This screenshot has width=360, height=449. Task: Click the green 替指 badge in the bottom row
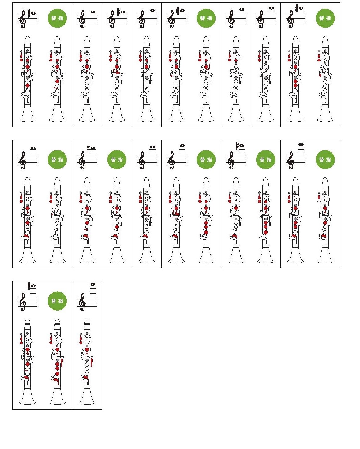pyautogui.click(x=57, y=301)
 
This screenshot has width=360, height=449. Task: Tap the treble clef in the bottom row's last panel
pyautogui.click(x=82, y=302)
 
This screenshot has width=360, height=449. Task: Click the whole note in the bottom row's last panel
pyautogui.click(x=93, y=284)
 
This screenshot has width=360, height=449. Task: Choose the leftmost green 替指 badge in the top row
pyautogui.click(x=57, y=18)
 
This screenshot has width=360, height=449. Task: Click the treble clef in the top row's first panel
pyautogui.click(x=23, y=19)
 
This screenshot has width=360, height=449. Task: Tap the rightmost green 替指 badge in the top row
pyautogui.click(x=325, y=18)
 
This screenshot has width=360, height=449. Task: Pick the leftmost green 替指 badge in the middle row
pyautogui.click(x=57, y=159)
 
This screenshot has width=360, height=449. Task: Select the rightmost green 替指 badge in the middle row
pyautogui.click(x=325, y=159)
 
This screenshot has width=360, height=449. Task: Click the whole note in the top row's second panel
pyautogui.click(x=93, y=12)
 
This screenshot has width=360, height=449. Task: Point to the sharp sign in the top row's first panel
pyautogui.click(x=29, y=14)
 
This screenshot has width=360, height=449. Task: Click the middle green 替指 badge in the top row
pyautogui.click(x=206, y=18)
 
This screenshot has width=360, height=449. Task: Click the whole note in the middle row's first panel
pyautogui.click(x=34, y=148)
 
